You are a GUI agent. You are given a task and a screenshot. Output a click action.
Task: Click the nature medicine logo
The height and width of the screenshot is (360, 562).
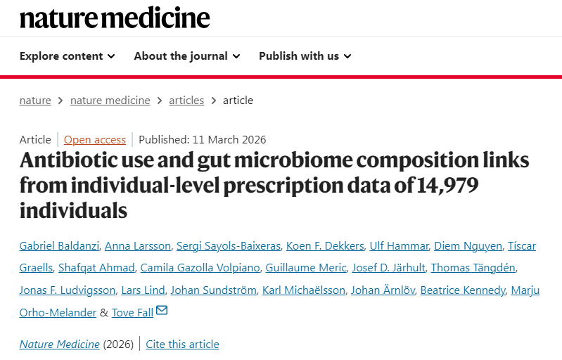(115, 17)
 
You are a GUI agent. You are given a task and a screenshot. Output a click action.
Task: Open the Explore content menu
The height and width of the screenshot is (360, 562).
(67, 56)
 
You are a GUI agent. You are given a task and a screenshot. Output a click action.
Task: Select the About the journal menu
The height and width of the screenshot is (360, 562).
(186, 56)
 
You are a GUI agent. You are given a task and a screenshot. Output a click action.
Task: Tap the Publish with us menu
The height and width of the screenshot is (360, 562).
(305, 56)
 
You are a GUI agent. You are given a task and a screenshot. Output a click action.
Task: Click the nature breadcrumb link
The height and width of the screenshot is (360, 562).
(35, 100)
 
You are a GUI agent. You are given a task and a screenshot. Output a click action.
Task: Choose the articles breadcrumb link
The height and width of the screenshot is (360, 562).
(186, 100)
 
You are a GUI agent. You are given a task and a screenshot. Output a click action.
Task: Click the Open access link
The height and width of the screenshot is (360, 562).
(95, 139)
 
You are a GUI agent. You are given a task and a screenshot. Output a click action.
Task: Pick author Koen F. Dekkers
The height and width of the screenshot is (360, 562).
(325, 245)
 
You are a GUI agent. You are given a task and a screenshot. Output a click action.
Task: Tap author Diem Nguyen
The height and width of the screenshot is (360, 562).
(468, 245)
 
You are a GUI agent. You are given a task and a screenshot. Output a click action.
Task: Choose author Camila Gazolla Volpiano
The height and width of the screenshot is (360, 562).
(200, 267)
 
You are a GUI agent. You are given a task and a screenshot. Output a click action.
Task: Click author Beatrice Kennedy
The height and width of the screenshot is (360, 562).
(462, 290)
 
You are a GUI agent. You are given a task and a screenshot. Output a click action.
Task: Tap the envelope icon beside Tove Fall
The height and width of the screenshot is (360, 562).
(162, 311)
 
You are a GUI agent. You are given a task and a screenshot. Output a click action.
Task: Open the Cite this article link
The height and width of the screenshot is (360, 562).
(182, 344)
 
